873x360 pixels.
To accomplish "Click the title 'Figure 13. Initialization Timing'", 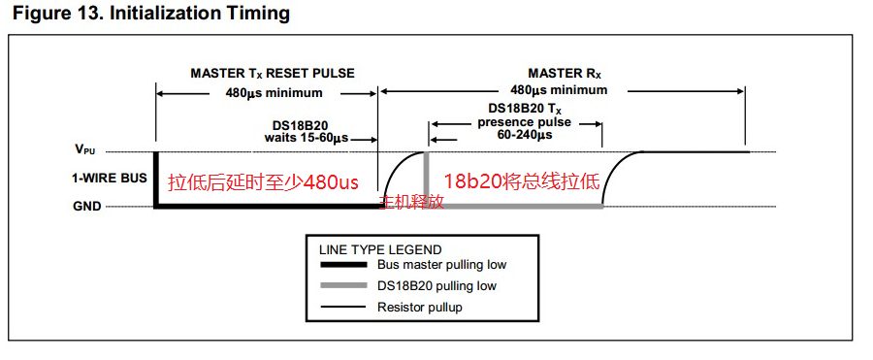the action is tap(151, 14).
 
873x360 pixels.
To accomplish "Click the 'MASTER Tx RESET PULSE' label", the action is tap(273, 74).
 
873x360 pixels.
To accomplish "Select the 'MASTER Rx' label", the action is tap(566, 74).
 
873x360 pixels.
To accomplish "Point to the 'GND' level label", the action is tap(87, 206).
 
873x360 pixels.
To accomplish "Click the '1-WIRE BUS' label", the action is tap(101, 179).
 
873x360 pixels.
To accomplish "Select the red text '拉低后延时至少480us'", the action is tap(263, 182).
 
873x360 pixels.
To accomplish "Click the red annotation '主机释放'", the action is tap(411, 202).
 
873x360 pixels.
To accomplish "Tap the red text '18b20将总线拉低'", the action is tap(522, 181).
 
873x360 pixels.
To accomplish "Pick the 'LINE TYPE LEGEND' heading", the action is tap(379, 249).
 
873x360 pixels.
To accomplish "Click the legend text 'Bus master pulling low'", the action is tap(442, 264).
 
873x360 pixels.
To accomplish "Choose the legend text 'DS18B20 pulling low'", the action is tap(436, 286).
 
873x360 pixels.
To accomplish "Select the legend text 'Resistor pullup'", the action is tap(420, 307).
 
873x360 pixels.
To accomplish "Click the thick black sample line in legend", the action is tap(343, 264).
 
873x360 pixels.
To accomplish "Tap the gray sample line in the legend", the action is tap(343, 285).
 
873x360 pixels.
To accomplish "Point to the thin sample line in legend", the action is tap(343, 307).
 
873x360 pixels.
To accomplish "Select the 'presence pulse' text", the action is tap(524, 122).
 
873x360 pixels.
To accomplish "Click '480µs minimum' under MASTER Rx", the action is tap(560, 89).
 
